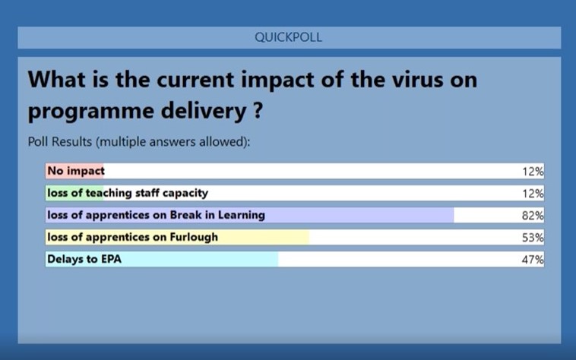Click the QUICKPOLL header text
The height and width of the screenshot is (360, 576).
tap(288, 37)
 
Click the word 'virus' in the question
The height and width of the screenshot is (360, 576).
tap(417, 80)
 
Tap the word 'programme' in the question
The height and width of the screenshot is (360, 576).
tap(90, 111)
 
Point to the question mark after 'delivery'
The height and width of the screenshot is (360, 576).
tap(258, 109)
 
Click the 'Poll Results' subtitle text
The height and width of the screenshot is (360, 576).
tap(60, 142)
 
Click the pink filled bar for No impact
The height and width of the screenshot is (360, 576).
tap(74, 171)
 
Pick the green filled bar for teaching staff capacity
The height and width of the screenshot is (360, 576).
tap(74, 193)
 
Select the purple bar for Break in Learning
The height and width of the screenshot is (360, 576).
tap(250, 215)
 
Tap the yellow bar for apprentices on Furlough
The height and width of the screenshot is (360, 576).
tap(177, 237)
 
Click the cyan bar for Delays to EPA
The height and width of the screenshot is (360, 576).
tap(162, 259)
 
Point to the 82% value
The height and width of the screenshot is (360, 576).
tap(533, 216)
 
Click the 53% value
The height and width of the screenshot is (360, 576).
tap(533, 238)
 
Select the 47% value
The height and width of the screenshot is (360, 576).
tap(533, 260)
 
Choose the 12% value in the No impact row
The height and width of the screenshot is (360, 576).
tap(533, 172)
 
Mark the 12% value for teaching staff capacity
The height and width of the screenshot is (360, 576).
tap(533, 194)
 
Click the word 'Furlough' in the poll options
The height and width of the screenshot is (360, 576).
tap(194, 238)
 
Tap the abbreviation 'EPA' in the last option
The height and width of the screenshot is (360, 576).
tap(111, 259)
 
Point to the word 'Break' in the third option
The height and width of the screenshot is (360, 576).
tap(186, 215)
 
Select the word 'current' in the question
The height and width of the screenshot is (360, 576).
tap(195, 80)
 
